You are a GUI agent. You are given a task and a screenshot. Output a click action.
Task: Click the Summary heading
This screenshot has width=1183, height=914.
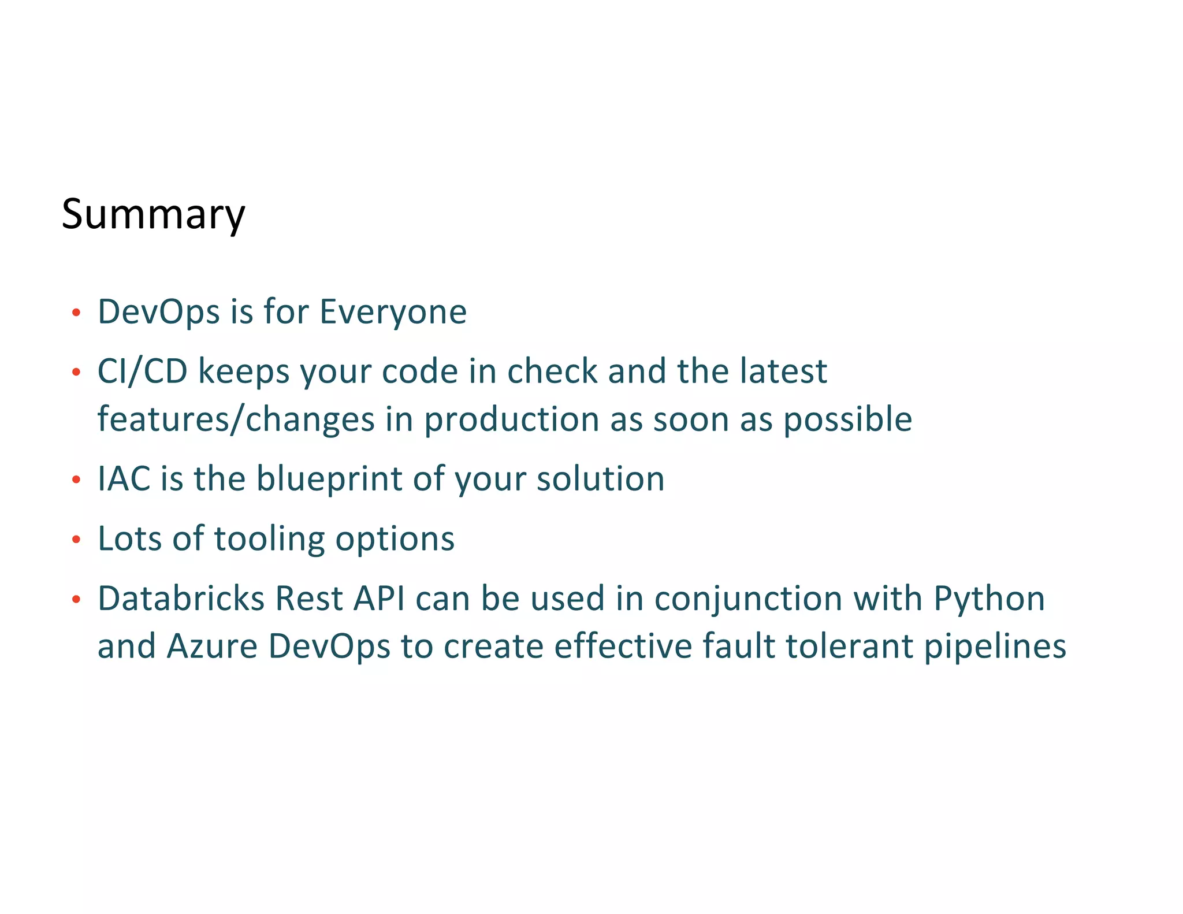click(153, 214)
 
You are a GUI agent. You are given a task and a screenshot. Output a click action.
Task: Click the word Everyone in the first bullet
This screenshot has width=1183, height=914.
click(393, 312)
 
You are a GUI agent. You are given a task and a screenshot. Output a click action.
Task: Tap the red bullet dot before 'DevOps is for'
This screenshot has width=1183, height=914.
click(76, 313)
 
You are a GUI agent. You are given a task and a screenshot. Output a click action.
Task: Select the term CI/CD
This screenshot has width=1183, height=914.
click(143, 371)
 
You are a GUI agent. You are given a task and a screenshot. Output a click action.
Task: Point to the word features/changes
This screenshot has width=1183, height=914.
click(236, 419)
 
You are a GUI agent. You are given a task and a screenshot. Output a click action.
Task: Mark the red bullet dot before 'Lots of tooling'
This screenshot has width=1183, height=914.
click(76, 540)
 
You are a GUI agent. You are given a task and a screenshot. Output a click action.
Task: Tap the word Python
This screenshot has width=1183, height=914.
click(989, 599)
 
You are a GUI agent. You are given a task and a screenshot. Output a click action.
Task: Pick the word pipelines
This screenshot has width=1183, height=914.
click(995, 647)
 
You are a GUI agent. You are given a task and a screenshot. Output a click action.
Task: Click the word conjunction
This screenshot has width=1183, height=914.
click(748, 599)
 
